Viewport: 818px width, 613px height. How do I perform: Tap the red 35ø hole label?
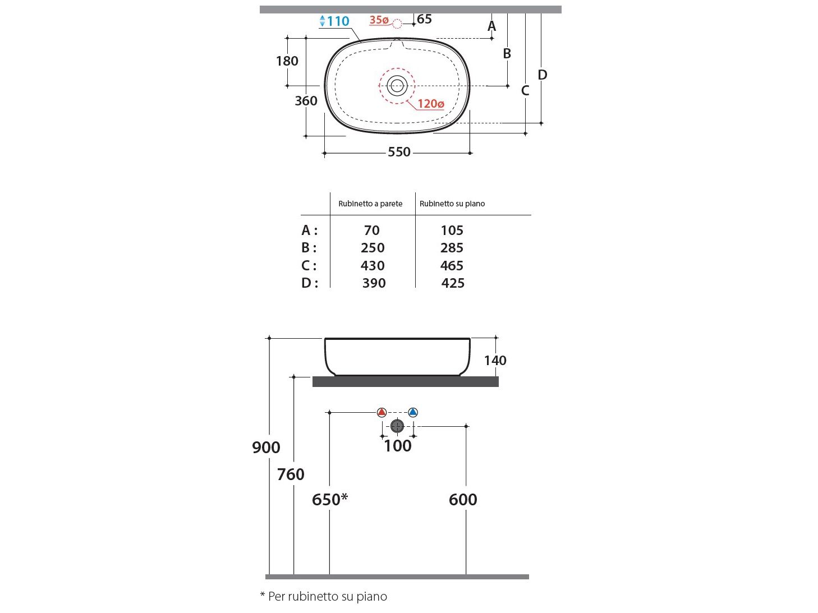point(379,20)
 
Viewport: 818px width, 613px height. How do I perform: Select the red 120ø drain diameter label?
point(430,104)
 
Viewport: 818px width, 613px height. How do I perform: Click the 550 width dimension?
point(399,152)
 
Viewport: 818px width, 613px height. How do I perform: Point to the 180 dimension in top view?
point(287,61)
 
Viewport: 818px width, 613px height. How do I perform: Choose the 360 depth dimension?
point(306,101)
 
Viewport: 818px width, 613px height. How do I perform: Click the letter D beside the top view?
point(542,75)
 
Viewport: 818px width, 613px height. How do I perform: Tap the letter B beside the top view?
point(507,54)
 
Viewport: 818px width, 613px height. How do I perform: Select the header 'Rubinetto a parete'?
point(370,204)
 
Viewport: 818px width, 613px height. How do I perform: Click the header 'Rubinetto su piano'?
point(452,204)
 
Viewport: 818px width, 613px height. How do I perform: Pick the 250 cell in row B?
point(373,248)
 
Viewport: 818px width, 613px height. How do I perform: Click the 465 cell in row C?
point(452,266)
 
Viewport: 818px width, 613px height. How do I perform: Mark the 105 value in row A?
point(452,231)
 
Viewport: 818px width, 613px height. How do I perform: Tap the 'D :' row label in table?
point(309,283)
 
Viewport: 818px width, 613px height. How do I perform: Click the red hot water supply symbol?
point(382,412)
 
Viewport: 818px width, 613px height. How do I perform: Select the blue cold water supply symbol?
point(413,412)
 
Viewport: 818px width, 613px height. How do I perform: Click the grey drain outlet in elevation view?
point(397,426)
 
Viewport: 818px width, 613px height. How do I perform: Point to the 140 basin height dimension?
point(495,361)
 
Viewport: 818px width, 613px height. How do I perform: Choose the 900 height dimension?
point(266,448)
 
